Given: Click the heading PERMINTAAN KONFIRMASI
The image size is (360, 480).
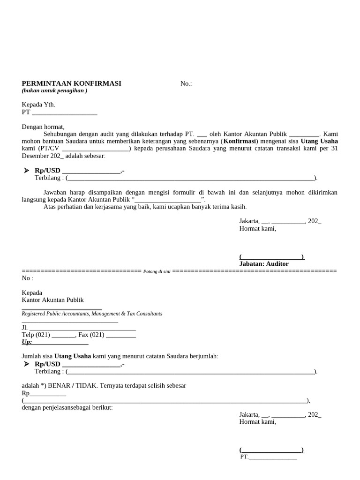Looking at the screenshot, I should point(71,83).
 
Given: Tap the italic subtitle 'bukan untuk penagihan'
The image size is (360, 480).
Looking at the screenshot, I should point(54,90).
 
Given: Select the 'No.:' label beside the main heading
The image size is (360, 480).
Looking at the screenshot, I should point(186,84).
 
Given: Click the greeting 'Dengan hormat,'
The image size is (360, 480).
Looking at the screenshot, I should point(43,127).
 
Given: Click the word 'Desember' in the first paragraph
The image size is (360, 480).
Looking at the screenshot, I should point(34,156).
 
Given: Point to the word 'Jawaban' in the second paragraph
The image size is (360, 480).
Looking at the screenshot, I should point(55,193).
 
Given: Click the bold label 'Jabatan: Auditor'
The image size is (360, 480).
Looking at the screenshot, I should point(264,264).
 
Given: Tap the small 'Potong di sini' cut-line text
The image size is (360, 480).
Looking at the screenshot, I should point(157,272).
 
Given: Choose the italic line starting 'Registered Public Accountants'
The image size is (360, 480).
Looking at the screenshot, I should point(92,314).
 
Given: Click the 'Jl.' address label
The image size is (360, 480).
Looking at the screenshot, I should point(25,328).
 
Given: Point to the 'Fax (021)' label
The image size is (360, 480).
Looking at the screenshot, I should point(91,335).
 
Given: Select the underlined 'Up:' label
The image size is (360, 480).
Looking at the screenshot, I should point(27,342).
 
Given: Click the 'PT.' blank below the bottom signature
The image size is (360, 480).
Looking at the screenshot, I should point(244,457).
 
